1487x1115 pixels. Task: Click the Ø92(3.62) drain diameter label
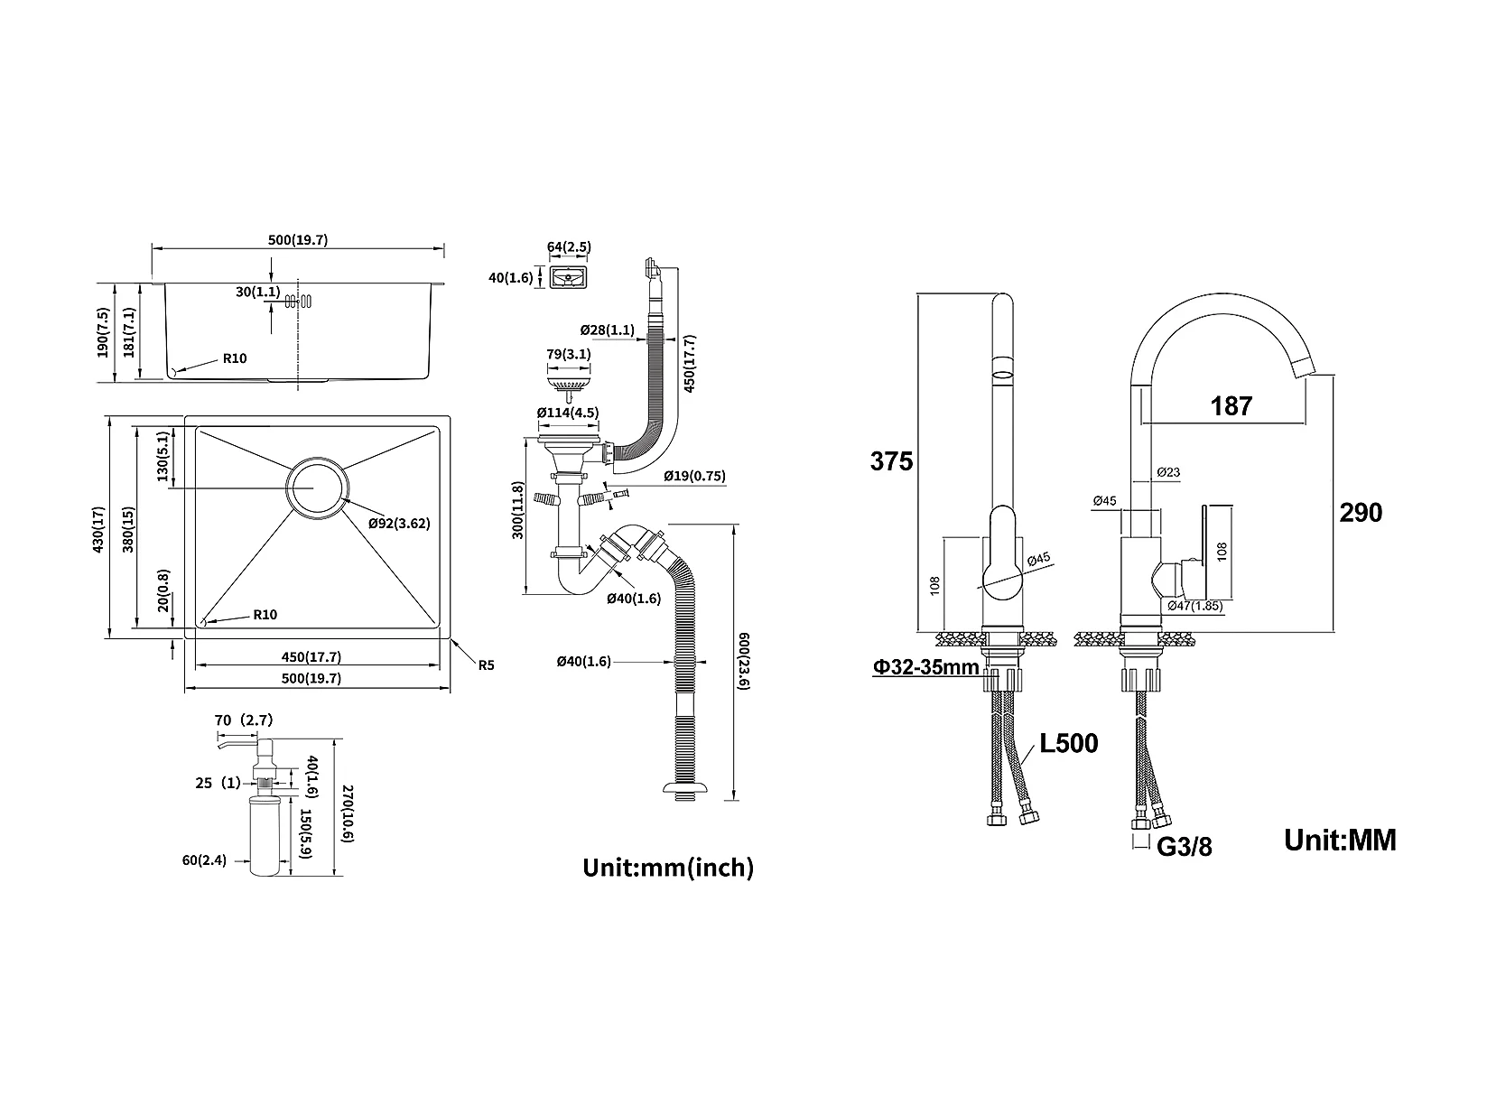pyautogui.click(x=399, y=523)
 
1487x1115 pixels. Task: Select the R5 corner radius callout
pyautogui.click(x=487, y=665)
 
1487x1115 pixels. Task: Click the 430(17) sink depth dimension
pyautogui.click(x=99, y=529)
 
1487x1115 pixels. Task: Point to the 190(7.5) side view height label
pyautogui.click(x=103, y=332)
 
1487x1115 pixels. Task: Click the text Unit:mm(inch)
pyautogui.click(x=668, y=867)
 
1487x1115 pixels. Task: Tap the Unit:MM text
pyautogui.click(x=1340, y=840)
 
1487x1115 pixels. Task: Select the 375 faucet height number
pyautogui.click(x=891, y=461)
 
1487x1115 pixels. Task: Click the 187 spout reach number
pyautogui.click(x=1231, y=406)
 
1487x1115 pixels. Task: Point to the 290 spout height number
pyautogui.click(x=1361, y=513)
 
